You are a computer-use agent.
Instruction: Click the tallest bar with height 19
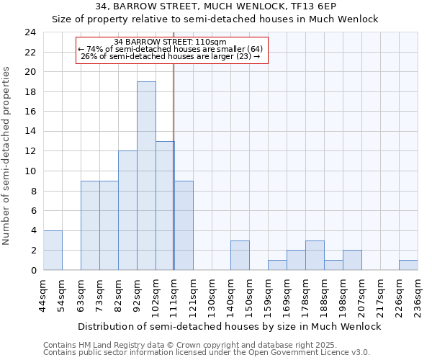point(146,176)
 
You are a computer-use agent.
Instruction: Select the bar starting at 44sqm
point(53,250)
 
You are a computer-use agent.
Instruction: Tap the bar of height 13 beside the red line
point(165,205)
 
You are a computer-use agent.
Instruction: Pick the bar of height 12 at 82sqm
point(127,210)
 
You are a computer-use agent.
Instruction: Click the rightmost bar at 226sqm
point(408,265)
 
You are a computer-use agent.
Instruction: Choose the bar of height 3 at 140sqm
point(240,255)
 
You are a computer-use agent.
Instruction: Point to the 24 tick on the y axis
point(30,32)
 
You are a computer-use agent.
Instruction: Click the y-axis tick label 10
point(30,171)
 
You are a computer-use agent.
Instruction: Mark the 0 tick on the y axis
point(32,270)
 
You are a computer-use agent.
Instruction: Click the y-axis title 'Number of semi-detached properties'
point(7,155)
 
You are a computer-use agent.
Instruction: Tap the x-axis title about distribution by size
point(229,326)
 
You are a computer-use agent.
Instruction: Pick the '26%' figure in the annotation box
point(89,55)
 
